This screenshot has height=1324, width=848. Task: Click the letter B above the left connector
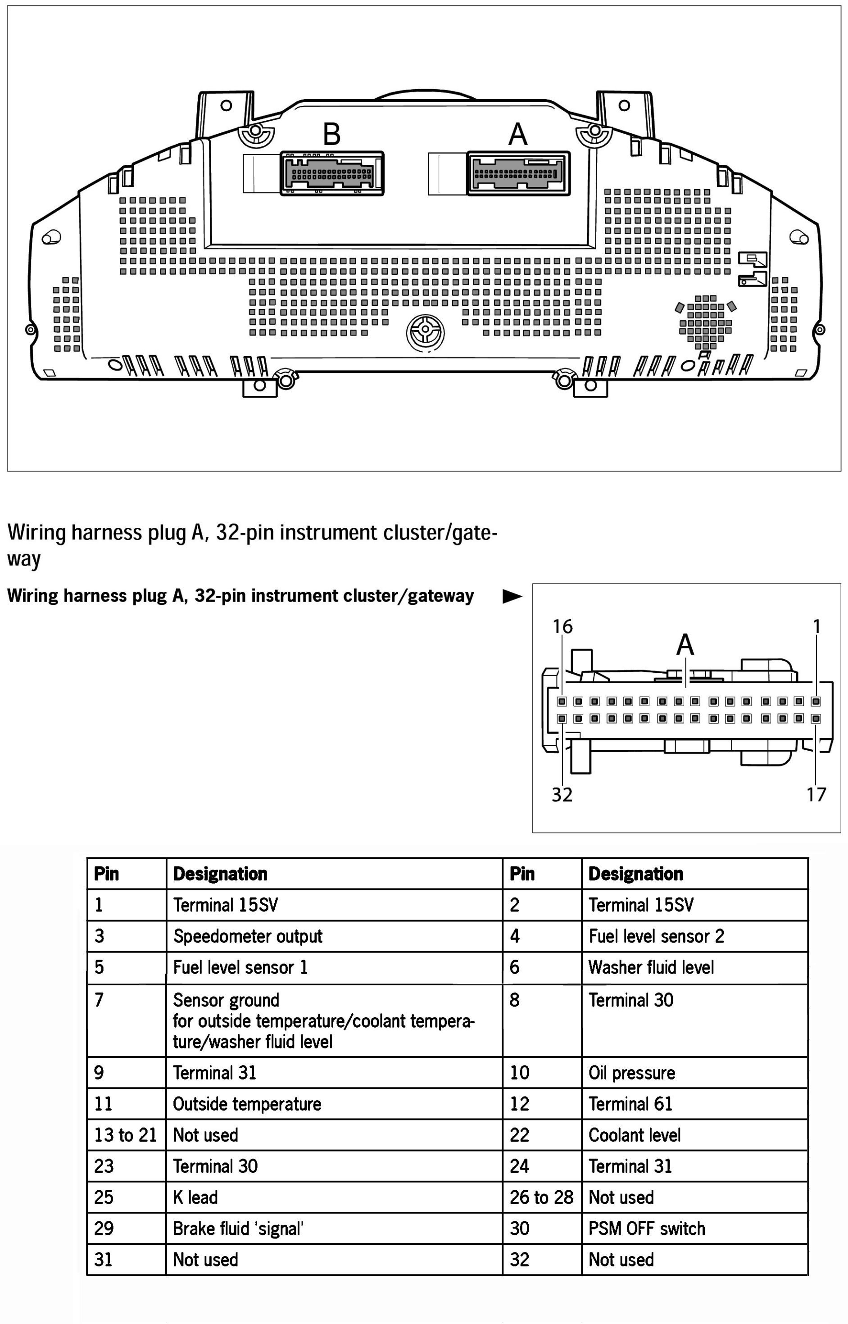pyautogui.click(x=331, y=134)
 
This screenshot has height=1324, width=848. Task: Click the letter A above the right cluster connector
pyautogui.click(x=517, y=134)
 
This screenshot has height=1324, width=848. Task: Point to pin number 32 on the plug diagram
pyautogui.click(x=562, y=794)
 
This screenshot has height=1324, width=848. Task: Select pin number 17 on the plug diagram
pyautogui.click(x=816, y=794)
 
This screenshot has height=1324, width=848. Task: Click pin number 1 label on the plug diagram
pyautogui.click(x=816, y=626)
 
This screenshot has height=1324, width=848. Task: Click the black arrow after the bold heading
pyautogui.click(x=512, y=596)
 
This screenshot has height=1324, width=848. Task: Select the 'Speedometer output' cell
pyautogui.click(x=247, y=936)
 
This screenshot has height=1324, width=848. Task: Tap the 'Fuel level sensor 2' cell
pyautogui.click(x=656, y=936)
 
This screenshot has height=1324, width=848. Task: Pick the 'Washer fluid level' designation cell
pyautogui.click(x=651, y=967)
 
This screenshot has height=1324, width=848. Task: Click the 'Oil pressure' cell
pyautogui.click(x=631, y=1072)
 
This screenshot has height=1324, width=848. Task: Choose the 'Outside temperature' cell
pyautogui.click(x=247, y=1104)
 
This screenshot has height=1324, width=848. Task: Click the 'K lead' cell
pyautogui.click(x=195, y=1197)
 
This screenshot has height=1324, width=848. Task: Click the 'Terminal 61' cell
pyautogui.click(x=630, y=1104)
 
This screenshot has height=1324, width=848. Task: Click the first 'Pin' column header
pyautogui.click(x=106, y=874)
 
